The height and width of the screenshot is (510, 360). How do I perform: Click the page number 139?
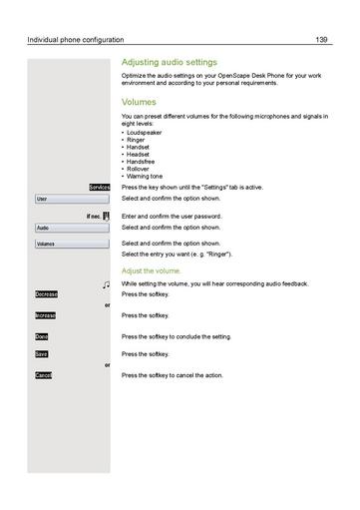pos(321,40)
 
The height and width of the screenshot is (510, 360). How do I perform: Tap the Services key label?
pos(99,187)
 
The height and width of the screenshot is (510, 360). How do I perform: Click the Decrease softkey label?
pos(46,294)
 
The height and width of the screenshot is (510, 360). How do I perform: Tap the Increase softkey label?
pos(46,315)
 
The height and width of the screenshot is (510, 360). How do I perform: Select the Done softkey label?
pos(42,336)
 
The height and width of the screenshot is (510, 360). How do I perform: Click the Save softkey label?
pos(42,354)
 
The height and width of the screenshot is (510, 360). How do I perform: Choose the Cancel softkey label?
pos(44,375)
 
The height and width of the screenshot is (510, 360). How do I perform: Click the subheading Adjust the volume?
pos(152,270)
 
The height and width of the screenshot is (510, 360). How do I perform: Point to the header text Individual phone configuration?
pos(76,40)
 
